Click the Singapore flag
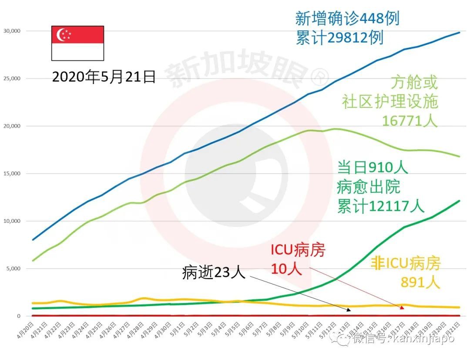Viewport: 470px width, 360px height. [x=77, y=43]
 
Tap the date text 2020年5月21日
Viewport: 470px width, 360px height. [x=104, y=77]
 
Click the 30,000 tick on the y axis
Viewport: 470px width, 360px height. [x=12, y=31]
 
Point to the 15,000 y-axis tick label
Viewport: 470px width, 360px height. [x=12, y=173]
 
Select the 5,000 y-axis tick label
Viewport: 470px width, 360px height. [x=13, y=268]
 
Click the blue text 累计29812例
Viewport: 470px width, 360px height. [x=339, y=38]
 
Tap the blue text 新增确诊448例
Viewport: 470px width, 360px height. [x=347, y=19]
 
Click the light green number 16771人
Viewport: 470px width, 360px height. [x=409, y=120]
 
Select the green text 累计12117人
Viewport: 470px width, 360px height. [x=380, y=206]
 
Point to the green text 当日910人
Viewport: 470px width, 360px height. [x=372, y=168]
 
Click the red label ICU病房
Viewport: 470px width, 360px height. [x=298, y=250]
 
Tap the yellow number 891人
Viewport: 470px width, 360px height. [x=420, y=283]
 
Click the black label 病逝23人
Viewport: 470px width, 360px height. [x=214, y=273]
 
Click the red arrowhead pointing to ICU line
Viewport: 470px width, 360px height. [x=402, y=307]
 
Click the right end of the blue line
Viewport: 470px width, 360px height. [x=460, y=33]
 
